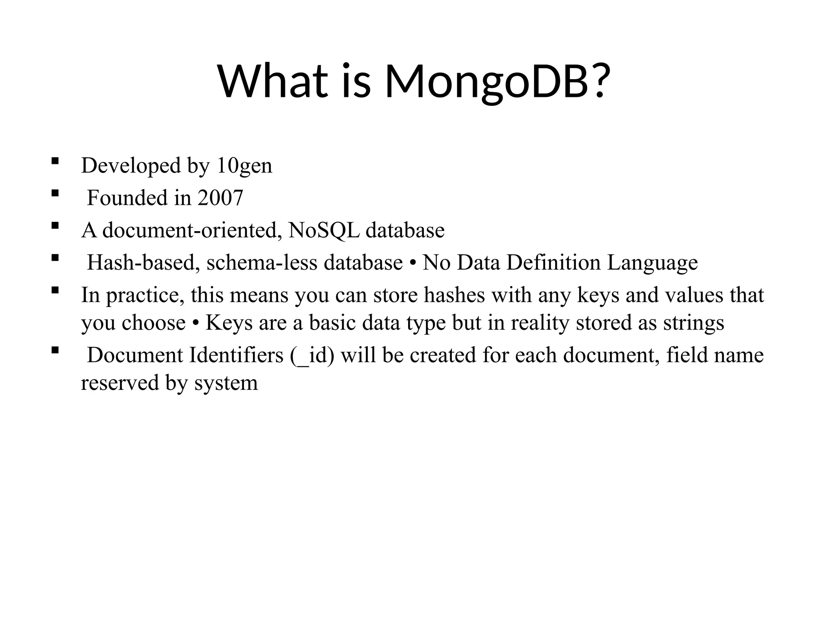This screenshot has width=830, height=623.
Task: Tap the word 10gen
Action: [244, 166]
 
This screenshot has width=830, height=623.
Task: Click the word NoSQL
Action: [324, 230]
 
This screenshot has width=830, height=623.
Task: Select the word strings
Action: [693, 323]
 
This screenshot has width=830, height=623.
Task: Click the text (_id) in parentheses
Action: [312, 356]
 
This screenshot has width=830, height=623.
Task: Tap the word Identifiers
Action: [236, 356]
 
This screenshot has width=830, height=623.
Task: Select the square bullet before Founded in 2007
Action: [55, 193]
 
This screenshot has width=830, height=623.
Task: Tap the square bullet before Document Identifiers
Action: [55, 350]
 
